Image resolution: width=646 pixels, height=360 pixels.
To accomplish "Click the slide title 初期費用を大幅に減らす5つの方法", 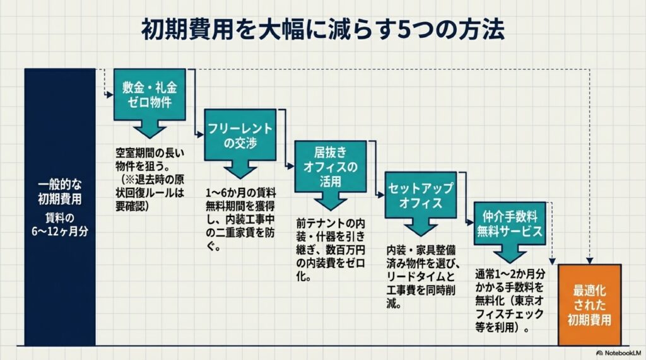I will [322, 30].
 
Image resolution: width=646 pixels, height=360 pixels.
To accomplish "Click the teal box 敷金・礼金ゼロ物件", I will [150, 94].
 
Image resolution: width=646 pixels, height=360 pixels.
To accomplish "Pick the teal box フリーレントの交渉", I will [240, 134].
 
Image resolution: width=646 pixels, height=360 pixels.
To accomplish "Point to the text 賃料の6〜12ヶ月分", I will [60, 224].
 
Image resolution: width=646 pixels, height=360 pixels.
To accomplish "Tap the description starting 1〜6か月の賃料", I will [241, 218].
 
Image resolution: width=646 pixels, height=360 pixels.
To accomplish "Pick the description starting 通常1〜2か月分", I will [510, 301].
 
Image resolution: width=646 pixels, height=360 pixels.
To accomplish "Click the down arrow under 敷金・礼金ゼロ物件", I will [150, 131].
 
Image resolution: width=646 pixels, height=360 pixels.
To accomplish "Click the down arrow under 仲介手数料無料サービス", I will [508, 254].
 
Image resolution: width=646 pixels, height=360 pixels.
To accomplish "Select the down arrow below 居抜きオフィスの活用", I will [331, 201].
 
